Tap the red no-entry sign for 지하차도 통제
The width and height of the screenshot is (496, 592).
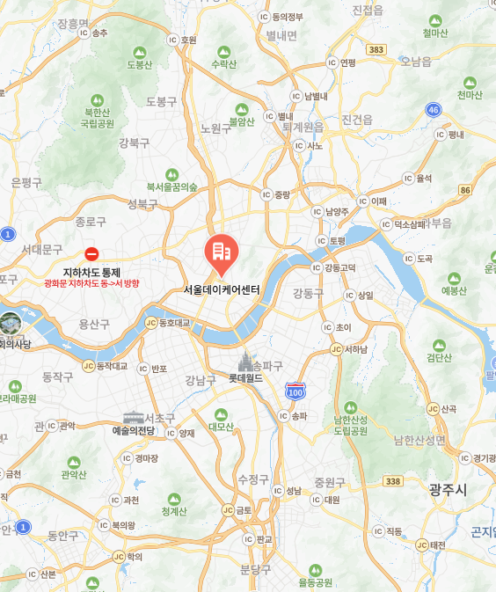91,253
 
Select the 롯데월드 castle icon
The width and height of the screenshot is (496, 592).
245,362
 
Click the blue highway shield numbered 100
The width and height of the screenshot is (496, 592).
295,390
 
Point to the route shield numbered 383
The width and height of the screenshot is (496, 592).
376,49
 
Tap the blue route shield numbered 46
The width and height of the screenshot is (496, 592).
432,109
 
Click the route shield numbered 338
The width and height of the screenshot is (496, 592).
393,480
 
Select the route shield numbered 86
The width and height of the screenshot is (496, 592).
465,190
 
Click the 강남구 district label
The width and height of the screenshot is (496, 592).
201,380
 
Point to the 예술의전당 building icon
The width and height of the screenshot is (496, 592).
133,417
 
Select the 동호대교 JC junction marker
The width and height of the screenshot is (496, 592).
151,323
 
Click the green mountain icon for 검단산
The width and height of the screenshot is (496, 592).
438,346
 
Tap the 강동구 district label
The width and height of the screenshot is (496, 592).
309,292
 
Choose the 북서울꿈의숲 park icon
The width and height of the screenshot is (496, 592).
171,174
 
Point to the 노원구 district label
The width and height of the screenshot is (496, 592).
215,128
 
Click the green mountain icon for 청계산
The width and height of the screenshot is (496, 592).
174,499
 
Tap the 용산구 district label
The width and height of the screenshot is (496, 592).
94,324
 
